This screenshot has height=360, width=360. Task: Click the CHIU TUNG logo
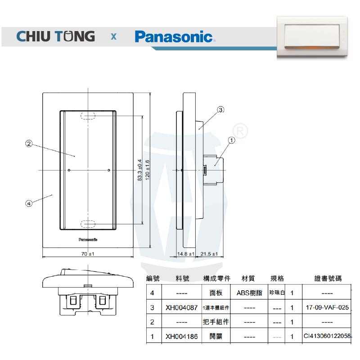[56, 36]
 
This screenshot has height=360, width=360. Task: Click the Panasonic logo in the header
[174, 36]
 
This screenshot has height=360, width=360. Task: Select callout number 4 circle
[29, 203]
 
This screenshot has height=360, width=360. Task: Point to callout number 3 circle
[220, 109]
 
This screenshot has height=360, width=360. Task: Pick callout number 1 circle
[232, 140]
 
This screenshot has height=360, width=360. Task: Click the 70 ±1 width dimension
[87, 254]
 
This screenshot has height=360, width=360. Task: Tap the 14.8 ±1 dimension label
[186, 254]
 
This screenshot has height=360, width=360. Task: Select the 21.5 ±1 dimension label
[209, 254]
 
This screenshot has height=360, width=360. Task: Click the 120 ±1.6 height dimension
[148, 170]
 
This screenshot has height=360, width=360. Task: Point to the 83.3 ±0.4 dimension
[139, 170]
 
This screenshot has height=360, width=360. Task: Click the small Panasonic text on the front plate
[88, 239]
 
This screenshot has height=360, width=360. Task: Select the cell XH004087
[181, 307]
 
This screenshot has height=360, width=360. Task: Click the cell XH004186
[181, 336]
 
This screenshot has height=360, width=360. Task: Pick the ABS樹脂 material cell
[249, 293]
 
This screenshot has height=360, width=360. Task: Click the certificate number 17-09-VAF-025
[327, 307]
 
